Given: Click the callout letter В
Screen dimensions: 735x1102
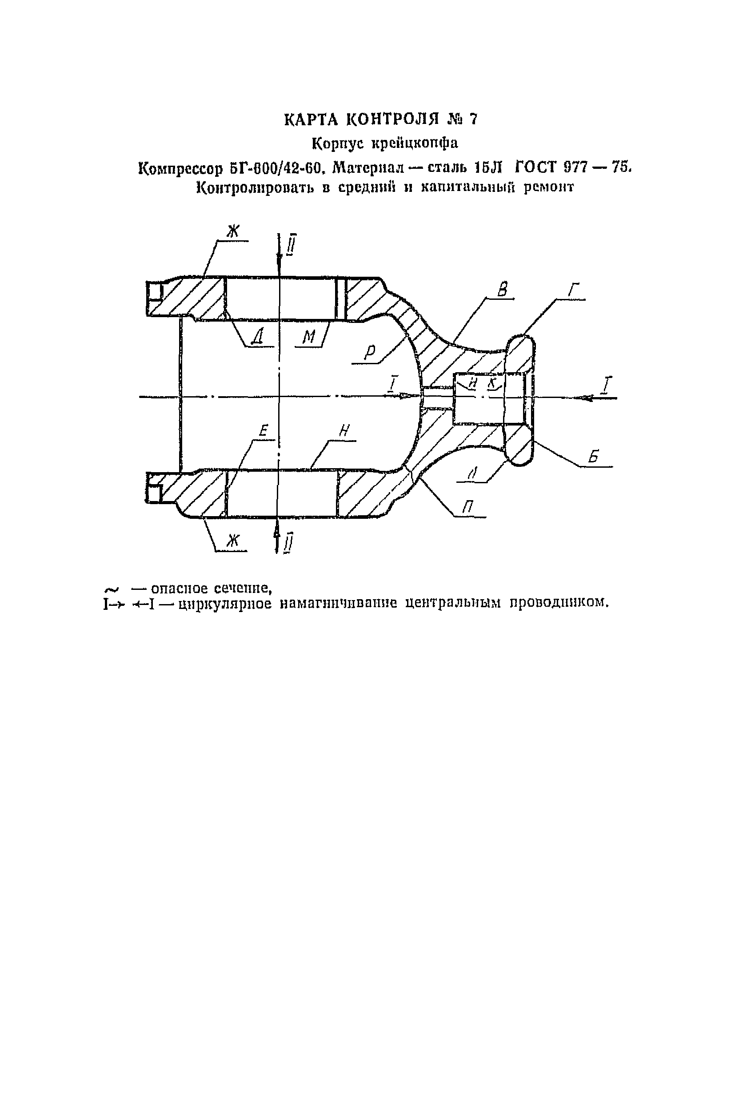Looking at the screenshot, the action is [x=502, y=290].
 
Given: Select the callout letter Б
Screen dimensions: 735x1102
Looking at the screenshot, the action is [x=594, y=456].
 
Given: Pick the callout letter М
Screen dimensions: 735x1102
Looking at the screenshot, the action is [x=308, y=336].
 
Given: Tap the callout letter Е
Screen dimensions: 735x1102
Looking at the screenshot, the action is [x=264, y=430].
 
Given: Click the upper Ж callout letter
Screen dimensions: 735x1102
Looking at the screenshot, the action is [x=233, y=231].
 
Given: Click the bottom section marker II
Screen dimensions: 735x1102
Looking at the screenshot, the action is [x=289, y=543].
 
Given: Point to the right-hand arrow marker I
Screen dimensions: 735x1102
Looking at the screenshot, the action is [x=607, y=386].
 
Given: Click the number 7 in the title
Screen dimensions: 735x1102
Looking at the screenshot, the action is [x=473, y=120].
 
